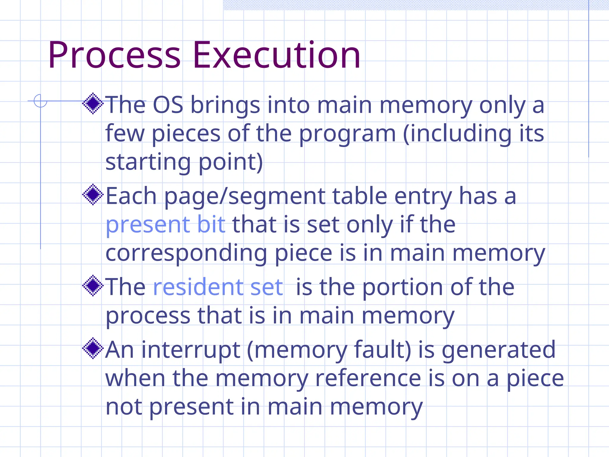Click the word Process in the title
[114, 55]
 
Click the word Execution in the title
[277, 55]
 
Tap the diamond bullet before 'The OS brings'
[93, 104]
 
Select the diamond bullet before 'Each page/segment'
[93, 195]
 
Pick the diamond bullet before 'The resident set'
[93, 286]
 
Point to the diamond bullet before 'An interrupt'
[93, 348]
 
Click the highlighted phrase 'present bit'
[165, 225]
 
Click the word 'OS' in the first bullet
[168, 105]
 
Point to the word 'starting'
[148, 163]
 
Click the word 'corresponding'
[186, 253]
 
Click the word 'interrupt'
[191, 350]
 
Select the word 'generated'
[499, 350]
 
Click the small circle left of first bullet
[40, 101]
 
